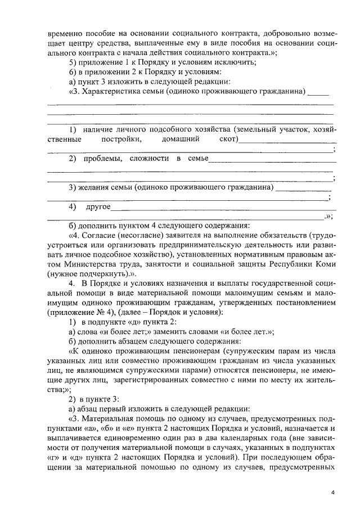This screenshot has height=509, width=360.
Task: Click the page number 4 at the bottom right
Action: coord(333,492)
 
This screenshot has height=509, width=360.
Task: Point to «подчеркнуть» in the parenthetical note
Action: coord(101,273)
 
